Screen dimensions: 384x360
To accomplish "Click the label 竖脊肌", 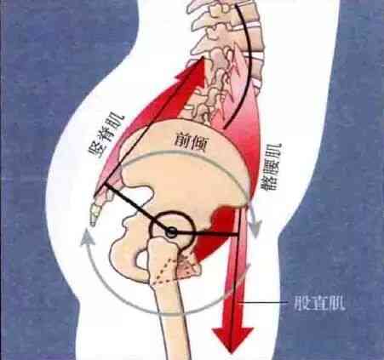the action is (x=106, y=134).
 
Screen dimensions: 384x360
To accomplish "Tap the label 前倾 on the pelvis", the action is (x=192, y=142).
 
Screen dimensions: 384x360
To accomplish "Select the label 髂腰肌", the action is (x=272, y=167).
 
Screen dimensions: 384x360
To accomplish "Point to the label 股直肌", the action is (x=320, y=304).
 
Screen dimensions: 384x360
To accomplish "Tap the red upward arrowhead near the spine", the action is (x=193, y=70).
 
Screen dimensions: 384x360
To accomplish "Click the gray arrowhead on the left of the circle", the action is (x=86, y=237).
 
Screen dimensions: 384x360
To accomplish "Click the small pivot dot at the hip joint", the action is (x=171, y=232).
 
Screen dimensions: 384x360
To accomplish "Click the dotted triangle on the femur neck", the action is (x=168, y=270).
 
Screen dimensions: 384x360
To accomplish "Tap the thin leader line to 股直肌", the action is (x=263, y=303).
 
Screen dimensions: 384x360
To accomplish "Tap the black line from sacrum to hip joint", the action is (x=138, y=208).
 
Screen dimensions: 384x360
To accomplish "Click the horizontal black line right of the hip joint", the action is (x=207, y=233).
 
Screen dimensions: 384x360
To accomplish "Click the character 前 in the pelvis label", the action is (x=182, y=140).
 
